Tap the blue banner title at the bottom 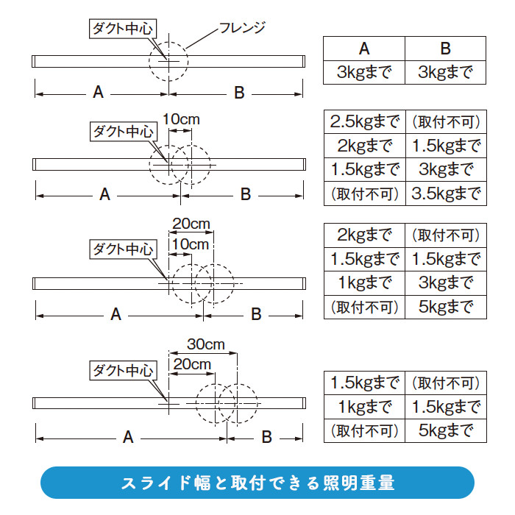[257, 483]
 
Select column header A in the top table [364, 49]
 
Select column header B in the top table [445, 49]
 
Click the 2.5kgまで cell [365, 121]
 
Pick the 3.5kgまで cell [445, 193]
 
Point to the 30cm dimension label [205, 344]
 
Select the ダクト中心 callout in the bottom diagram [122, 370]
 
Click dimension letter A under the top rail [98, 93]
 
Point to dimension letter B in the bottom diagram [266, 438]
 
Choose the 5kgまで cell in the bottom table [445, 430]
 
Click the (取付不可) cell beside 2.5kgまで [445, 121]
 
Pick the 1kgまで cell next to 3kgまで [365, 283]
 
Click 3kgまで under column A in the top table [365, 73]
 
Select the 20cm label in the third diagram [191, 224]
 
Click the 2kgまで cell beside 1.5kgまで [365, 145]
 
